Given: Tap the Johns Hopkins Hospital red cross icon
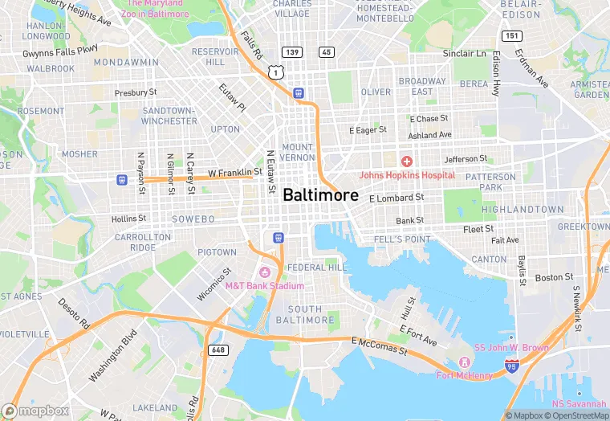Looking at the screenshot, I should click(407, 161).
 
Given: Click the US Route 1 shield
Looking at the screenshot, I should click(276, 72).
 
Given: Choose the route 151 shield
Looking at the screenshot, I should click(511, 36).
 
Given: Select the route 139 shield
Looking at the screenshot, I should click(293, 52).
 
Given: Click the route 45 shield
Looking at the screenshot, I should click(326, 52).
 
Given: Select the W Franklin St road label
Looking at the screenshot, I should click(235, 172).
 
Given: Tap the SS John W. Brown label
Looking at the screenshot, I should click(511, 348).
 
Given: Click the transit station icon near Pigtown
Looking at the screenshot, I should click(278, 237).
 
